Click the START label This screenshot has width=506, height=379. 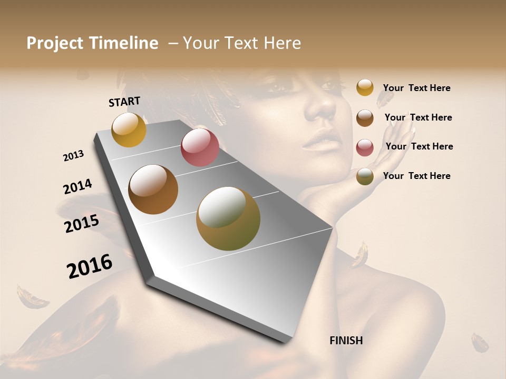(x=124, y=102)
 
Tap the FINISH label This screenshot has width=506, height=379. (x=346, y=341)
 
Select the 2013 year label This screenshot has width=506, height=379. (x=73, y=156)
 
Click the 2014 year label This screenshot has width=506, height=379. (x=77, y=186)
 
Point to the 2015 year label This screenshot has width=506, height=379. (x=82, y=224)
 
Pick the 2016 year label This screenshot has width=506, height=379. (x=90, y=266)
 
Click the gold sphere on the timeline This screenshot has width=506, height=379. (x=129, y=129)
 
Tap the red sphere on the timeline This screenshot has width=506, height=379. (x=200, y=147)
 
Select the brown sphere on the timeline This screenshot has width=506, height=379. (x=153, y=189)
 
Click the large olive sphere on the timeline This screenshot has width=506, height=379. (x=228, y=218)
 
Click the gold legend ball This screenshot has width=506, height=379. (x=365, y=87)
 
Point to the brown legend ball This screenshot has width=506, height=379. (x=365, y=117)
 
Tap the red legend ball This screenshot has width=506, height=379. (x=365, y=147)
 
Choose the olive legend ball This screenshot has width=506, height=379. (x=365, y=176)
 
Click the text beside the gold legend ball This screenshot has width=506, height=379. (x=416, y=88)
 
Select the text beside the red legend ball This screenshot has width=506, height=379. (x=419, y=146)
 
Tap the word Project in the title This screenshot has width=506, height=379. (x=54, y=43)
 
